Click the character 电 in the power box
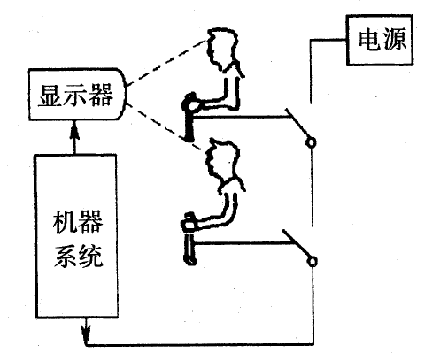[x=368, y=39]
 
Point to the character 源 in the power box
[x=394, y=39]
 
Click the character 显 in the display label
[x=50, y=95]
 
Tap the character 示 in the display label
[x=75, y=95]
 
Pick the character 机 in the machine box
[x=65, y=221]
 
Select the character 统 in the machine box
[x=90, y=257]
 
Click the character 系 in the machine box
[x=66, y=257]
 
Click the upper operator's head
[x=222, y=49]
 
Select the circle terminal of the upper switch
[x=311, y=142]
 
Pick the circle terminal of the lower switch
[x=313, y=261]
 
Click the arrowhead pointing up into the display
[x=75, y=131]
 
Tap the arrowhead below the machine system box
[x=86, y=332]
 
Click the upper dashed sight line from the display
[x=166, y=63]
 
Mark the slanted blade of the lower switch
[x=297, y=243]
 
